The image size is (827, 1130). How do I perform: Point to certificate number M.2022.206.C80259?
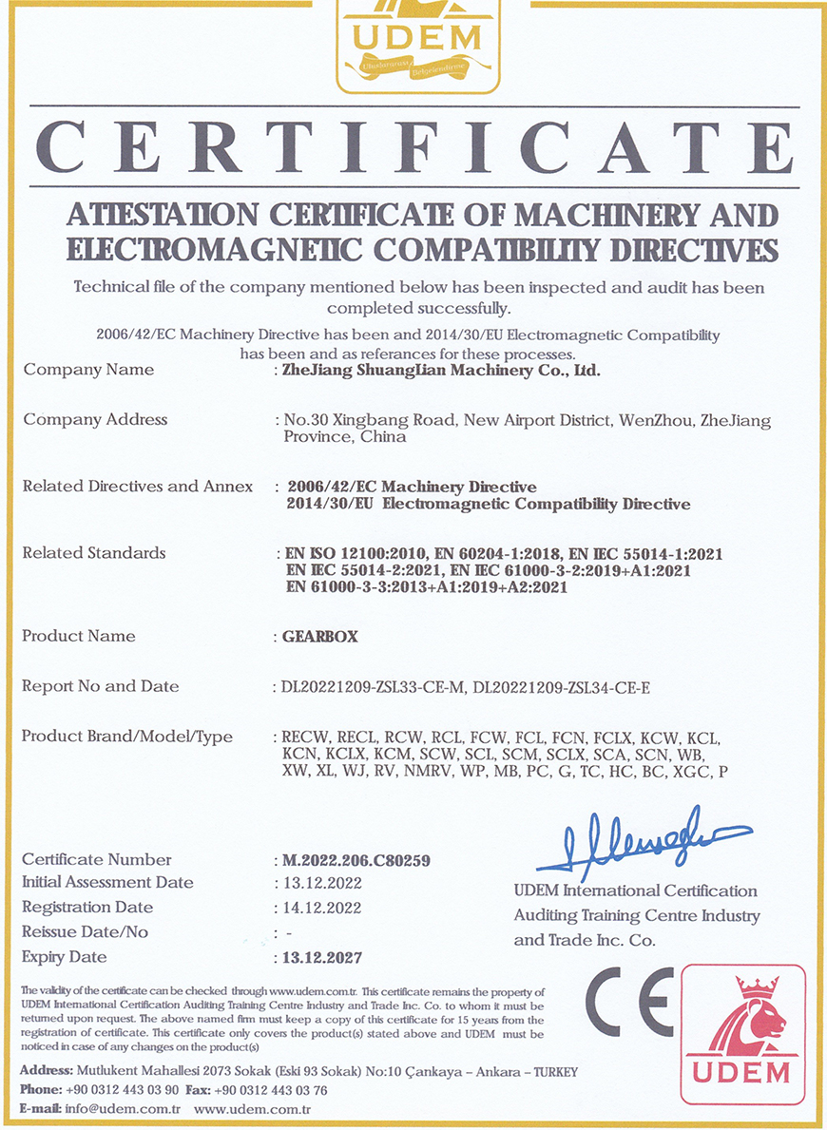356,861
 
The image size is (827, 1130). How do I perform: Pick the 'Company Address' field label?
95,419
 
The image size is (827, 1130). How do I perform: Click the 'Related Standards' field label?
94,552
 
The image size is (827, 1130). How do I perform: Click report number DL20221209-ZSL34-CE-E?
561,687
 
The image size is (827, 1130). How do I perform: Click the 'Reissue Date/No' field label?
85,932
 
